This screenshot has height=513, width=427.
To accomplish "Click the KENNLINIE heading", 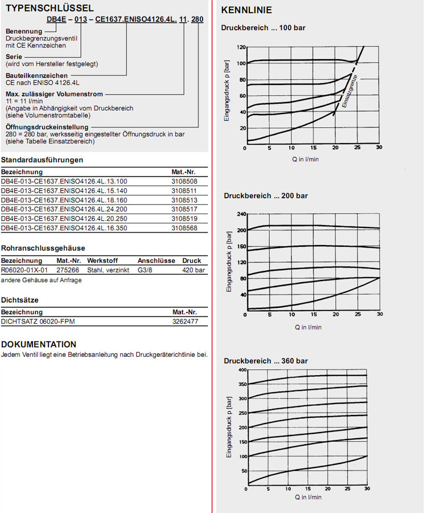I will pos(246,10).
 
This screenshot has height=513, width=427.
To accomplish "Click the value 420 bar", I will pos(194,270).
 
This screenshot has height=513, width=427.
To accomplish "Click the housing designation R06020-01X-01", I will pos(24,270).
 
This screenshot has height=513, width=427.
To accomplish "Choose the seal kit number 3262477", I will pos(185,321).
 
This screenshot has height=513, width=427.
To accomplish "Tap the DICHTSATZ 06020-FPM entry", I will pos(38,321).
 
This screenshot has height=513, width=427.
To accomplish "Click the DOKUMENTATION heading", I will pos(39,344).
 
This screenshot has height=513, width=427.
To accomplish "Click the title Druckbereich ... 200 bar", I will pos(265,196).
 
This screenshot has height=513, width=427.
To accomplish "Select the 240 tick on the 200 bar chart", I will pos(241,214).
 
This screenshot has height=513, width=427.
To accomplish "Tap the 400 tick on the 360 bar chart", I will pos(243,370).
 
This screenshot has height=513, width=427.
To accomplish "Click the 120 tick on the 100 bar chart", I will pos(241,47).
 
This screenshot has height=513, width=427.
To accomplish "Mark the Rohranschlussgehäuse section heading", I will pos(43,248).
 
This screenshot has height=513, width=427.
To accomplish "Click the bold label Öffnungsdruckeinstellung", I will pos(47,127).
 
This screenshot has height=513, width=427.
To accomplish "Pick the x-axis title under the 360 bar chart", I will pos(308,497).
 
